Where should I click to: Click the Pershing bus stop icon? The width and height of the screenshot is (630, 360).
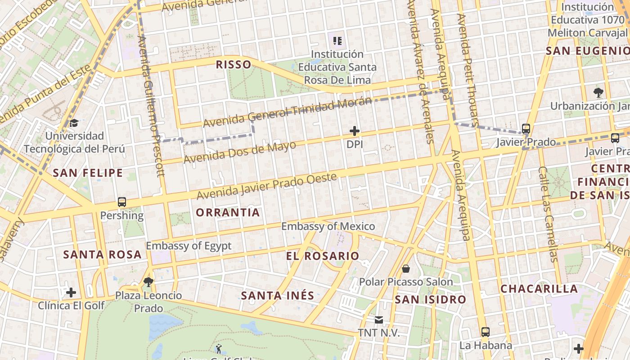(x=122, y=202)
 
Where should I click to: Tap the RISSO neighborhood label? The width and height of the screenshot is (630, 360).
(x=234, y=64)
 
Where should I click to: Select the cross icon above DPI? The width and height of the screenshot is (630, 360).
(x=355, y=131)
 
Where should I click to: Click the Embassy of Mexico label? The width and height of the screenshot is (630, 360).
(x=328, y=226)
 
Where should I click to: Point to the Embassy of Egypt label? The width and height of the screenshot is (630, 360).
(x=189, y=246)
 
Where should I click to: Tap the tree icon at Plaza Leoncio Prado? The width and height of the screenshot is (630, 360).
(x=148, y=282)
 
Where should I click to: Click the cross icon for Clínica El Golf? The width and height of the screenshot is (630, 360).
(x=71, y=292)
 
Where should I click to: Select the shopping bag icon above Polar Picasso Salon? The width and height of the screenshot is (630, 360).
(x=406, y=269)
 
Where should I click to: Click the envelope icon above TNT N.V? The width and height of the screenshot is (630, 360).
(x=379, y=320)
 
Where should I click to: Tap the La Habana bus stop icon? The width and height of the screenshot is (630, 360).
(x=486, y=332)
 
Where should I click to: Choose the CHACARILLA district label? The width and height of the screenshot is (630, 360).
(x=539, y=289)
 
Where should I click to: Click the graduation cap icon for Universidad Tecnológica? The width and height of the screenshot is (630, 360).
(x=74, y=123)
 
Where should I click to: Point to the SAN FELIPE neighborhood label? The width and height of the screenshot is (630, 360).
(x=88, y=173)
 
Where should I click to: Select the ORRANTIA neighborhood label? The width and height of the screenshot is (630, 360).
(x=228, y=212)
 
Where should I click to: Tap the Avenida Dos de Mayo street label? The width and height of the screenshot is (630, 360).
(x=240, y=152)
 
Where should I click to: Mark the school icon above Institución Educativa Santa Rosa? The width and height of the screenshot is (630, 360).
(x=337, y=41)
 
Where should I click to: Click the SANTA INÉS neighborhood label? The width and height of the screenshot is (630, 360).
(x=277, y=296)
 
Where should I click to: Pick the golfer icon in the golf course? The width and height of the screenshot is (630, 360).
(x=219, y=348)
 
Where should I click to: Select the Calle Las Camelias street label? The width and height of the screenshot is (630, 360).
(x=548, y=214)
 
